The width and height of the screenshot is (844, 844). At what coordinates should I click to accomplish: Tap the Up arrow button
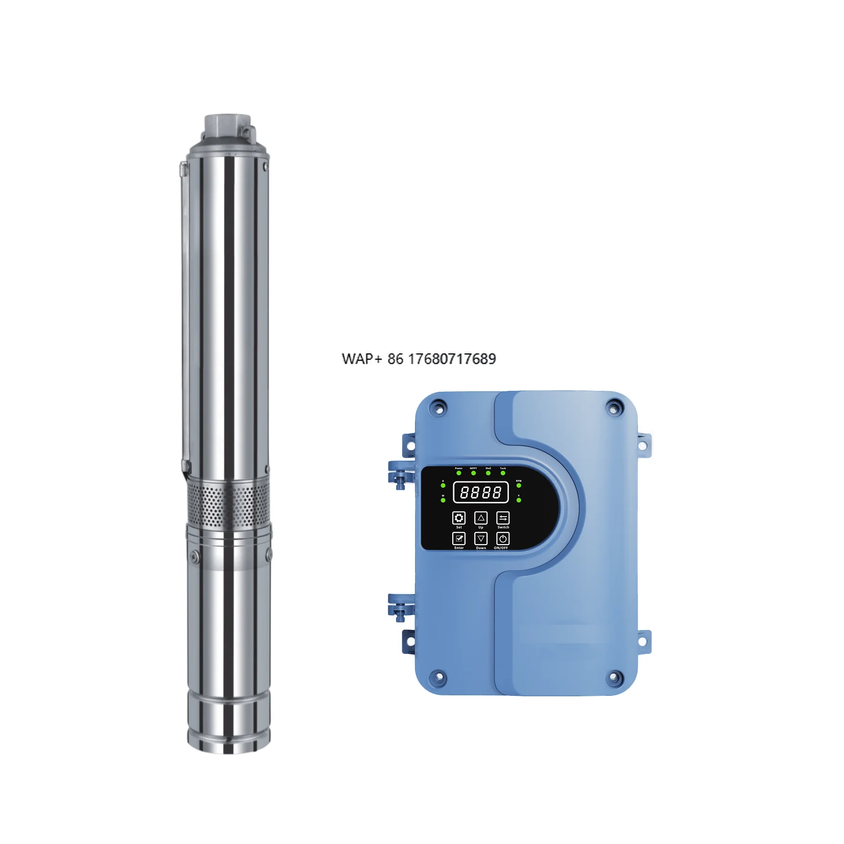click(x=480, y=518)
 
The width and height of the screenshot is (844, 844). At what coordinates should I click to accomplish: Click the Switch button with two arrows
click(x=503, y=518)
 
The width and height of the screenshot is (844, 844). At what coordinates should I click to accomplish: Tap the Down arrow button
click(x=480, y=539)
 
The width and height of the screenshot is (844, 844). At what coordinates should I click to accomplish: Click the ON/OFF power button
click(x=503, y=539)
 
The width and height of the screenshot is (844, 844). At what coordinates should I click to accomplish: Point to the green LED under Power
click(x=458, y=473)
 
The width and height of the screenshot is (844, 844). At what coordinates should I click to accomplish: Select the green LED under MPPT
click(x=473, y=473)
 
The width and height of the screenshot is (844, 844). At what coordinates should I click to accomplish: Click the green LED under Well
click(x=488, y=473)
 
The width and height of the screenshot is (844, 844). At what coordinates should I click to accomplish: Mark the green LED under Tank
click(x=503, y=473)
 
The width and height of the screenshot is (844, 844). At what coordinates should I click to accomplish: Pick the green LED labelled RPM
click(x=519, y=486)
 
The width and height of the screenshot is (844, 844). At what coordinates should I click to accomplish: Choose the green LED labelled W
click(x=443, y=500)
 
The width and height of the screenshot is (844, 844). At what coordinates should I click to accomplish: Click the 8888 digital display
click(x=480, y=492)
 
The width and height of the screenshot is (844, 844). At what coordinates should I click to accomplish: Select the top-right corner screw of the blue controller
click(x=614, y=407)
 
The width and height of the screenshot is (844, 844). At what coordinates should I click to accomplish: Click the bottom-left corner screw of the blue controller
click(x=436, y=677)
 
